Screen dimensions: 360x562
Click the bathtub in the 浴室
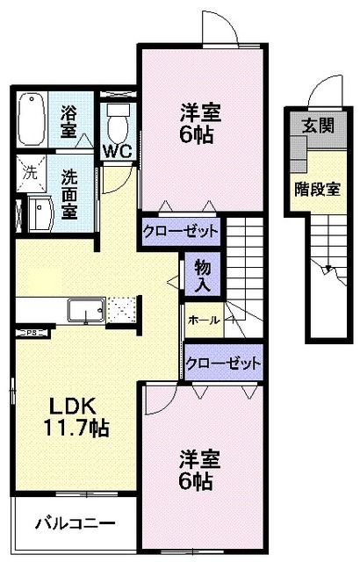pyautogui.click(x=32, y=119)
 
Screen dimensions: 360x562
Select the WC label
pyautogui.click(x=118, y=152)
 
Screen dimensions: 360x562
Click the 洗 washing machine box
pyautogui.click(x=31, y=174)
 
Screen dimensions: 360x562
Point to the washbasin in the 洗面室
pyautogui.click(x=41, y=214)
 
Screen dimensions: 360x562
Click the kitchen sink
pyautogui.click(x=86, y=310)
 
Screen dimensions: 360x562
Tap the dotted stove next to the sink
pyautogui.click(x=122, y=309)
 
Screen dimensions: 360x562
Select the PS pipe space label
pyautogui.click(x=32, y=333)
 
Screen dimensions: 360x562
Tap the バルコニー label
pyautogui.click(x=76, y=523)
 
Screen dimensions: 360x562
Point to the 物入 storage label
pyautogui.click(x=202, y=275)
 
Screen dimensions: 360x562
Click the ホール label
pyautogui.click(x=204, y=320)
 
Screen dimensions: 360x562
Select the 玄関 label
pyautogui.click(x=318, y=126)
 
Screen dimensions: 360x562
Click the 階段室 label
pyautogui.click(x=317, y=190)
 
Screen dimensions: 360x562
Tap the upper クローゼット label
pyautogui.click(x=180, y=231)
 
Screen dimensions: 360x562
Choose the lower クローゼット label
pyautogui.click(x=223, y=364)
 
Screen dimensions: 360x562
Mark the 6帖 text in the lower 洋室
pyautogui.click(x=196, y=481)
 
